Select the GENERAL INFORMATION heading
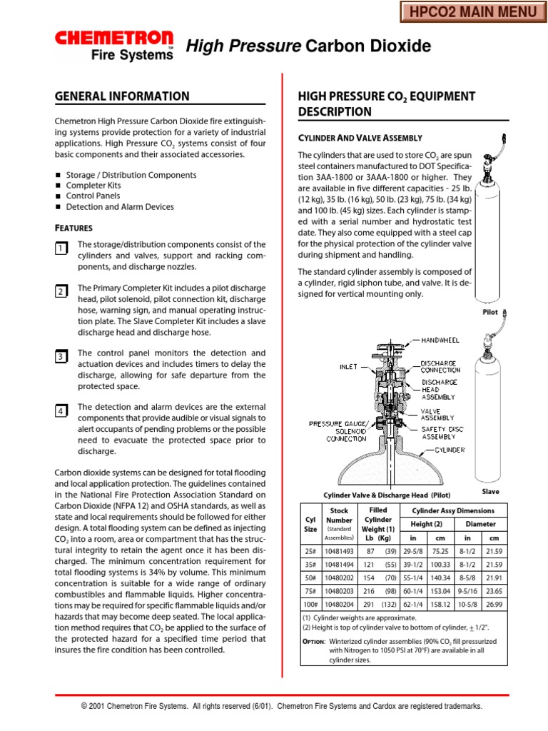tap(122, 96)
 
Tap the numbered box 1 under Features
tap(61, 248)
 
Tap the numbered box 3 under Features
tap(61, 356)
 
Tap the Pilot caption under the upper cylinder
tap(489, 312)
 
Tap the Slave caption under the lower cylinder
tap(490, 491)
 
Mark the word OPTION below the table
tap(314, 641)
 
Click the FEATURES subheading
tap(74, 228)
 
